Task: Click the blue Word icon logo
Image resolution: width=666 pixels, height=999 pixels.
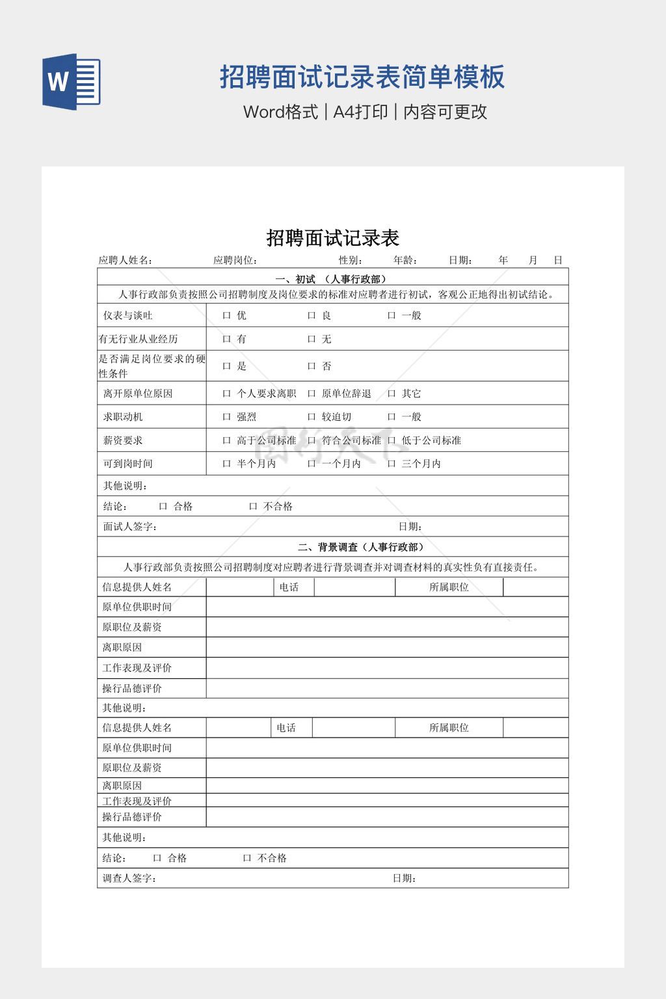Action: [x=72, y=81]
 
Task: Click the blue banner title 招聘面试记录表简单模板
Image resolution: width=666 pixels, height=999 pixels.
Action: [x=362, y=77]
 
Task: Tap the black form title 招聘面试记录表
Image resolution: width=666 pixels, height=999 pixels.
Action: [x=332, y=238]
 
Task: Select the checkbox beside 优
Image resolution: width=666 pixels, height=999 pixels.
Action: [x=226, y=315]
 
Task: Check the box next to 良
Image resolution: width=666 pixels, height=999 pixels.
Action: [x=312, y=315]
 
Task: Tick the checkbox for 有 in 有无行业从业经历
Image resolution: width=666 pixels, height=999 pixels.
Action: [x=226, y=339]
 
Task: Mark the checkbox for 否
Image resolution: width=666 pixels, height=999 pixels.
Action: [x=312, y=366]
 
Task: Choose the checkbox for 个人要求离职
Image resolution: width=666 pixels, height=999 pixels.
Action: [x=226, y=393]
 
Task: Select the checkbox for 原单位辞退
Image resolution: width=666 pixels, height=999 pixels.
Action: [x=312, y=393]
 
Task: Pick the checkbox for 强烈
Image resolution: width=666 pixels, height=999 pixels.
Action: [x=226, y=417]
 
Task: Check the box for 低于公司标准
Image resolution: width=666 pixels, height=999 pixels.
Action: [x=392, y=440]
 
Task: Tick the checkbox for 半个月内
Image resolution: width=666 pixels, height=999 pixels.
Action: [x=226, y=464]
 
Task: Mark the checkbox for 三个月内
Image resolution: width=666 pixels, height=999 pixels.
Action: [x=392, y=464]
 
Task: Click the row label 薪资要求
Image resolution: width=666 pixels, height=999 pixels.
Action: [x=123, y=440]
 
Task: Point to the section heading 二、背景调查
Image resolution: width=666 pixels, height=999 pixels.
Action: [x=361, y=547]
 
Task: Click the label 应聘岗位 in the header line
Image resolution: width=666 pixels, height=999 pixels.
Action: [x=235, y=260]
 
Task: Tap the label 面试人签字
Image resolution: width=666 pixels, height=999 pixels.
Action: [x=130, y=527]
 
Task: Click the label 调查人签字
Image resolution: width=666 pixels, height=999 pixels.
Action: [x=129, y=878]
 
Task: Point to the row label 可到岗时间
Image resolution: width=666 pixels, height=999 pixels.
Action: [x=128, y=464]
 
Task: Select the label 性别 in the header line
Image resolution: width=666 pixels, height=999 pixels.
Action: [x=350, y=260]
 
